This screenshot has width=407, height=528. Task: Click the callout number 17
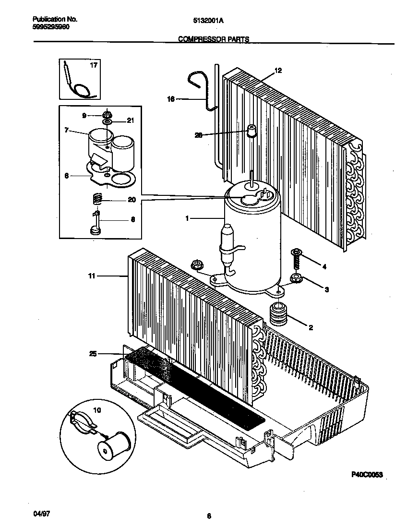[94, 65]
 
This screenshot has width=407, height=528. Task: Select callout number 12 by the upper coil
[278, 71]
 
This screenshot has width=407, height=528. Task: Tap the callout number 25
[92, 354]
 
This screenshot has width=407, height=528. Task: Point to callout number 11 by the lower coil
[91, 276]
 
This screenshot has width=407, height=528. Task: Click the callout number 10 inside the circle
[97, 410]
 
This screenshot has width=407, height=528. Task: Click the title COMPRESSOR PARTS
[214, 40]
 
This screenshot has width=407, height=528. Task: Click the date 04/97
[42, 514]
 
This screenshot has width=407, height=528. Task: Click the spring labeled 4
[297, 262]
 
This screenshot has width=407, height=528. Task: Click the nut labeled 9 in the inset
[107, 115]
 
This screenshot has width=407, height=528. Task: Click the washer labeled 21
[107, 122]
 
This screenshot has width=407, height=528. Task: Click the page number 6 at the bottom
[209, 516]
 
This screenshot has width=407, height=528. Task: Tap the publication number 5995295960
[51, 27]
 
